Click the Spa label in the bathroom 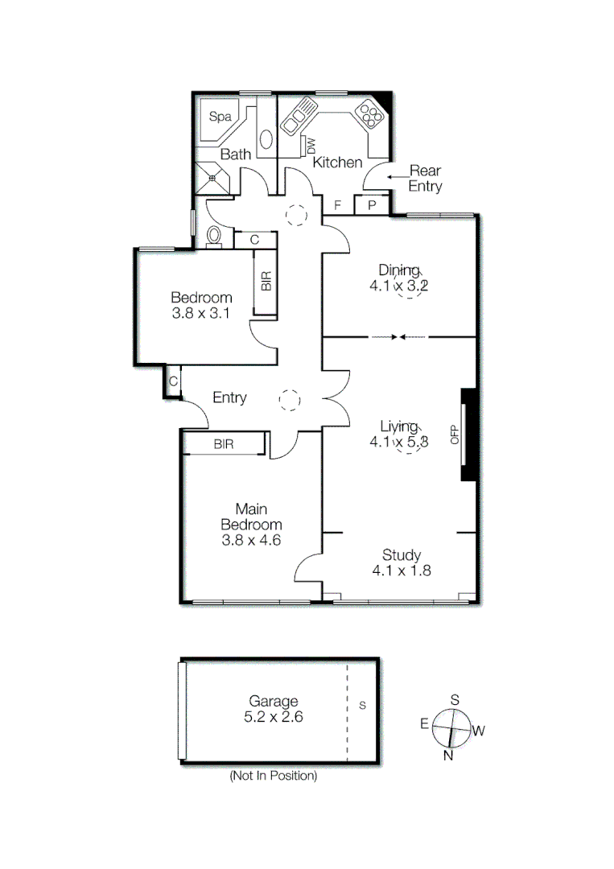(220, 117)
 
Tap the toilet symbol (214, 236)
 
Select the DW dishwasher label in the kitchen (310, 145)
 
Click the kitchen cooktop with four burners (370, 115)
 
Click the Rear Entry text (425, 178)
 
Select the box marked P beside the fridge (371, 205)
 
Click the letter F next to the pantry (338, 205)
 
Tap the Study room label (402, 554)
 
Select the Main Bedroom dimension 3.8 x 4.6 (251, 540)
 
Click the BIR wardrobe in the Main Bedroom (224, 444)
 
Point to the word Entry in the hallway (229, 397)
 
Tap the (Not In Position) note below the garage (273, 776)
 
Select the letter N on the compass (448, 756)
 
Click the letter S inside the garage (362, 706)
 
